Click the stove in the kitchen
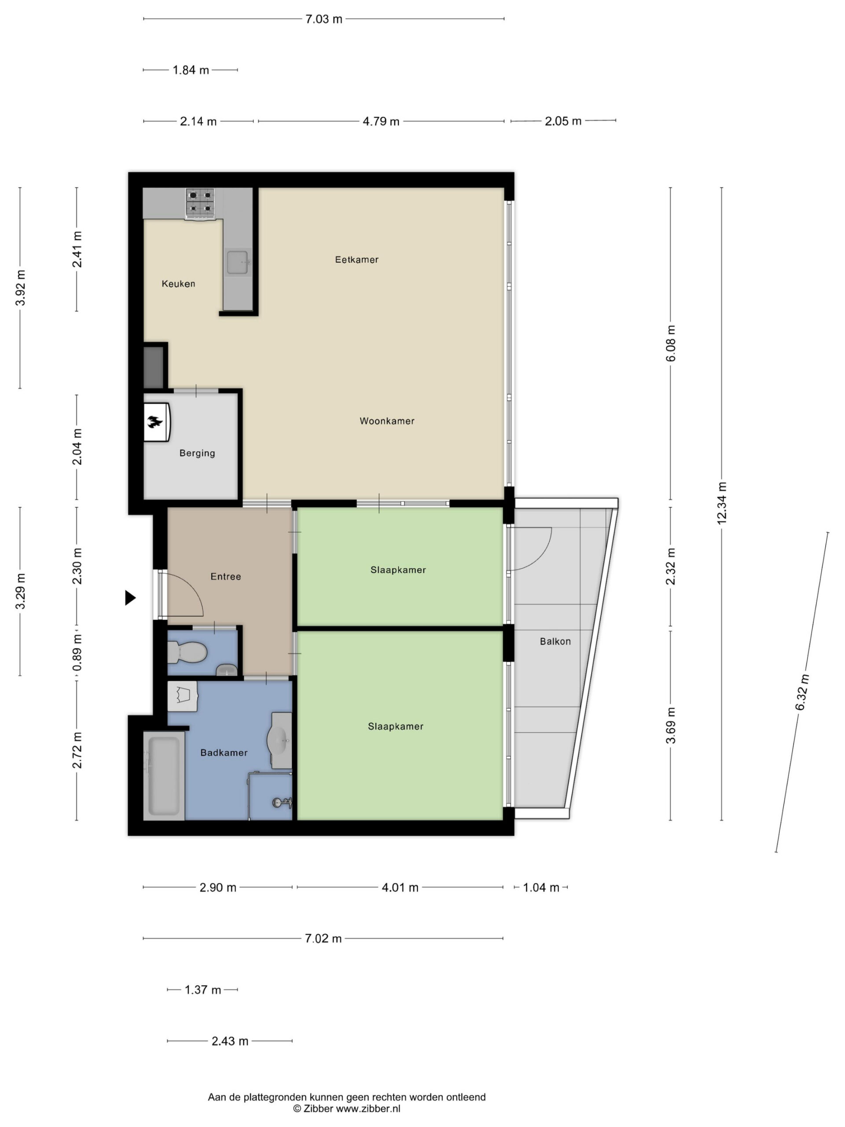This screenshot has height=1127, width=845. (x=200, y=204)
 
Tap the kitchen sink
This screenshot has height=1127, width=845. (x=238, y=262)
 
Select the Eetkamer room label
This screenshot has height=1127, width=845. (x=356, y=260)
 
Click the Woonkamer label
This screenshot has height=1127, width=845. (x=387, y=421)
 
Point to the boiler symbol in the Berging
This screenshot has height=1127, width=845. (x=156, y=422)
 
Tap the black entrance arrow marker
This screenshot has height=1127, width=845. (x=130, y=598)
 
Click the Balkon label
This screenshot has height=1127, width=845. (x=555, y=641)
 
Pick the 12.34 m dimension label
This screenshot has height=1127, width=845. (x=722, y=503)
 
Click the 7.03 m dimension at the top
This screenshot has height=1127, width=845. (x=324, y=19)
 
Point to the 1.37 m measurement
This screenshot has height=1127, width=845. (x=203, y=990)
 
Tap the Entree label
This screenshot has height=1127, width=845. (x=226, y=576)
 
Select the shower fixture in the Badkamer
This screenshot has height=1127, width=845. (x=282, y=803)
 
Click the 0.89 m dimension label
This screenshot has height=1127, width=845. (x=77, y=654)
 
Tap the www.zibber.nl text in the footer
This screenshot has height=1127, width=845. (x=368, y=1109)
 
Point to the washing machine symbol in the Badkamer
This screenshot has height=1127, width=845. (x=182, y=696)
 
